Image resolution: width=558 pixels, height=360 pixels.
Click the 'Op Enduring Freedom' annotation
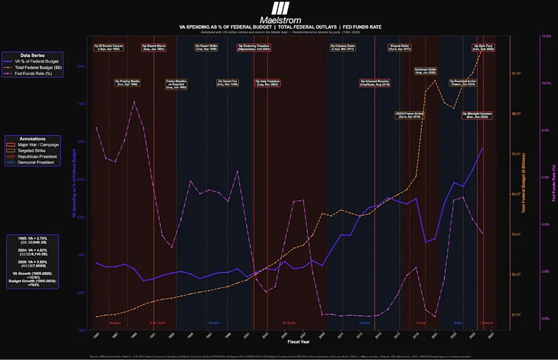[x=254, y=47]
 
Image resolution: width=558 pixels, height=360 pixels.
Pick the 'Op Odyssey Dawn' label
[x=342, y=47]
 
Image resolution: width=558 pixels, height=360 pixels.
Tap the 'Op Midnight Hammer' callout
[x=478, y=115]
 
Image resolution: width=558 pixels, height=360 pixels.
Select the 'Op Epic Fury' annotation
[x=484, y=47]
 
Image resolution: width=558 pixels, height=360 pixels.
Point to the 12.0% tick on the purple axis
[x=546, y=37]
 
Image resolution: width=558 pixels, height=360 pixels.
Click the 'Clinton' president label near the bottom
[x=214, y=323]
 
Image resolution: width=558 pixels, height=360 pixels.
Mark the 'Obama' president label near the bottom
[x=365, y=323]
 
